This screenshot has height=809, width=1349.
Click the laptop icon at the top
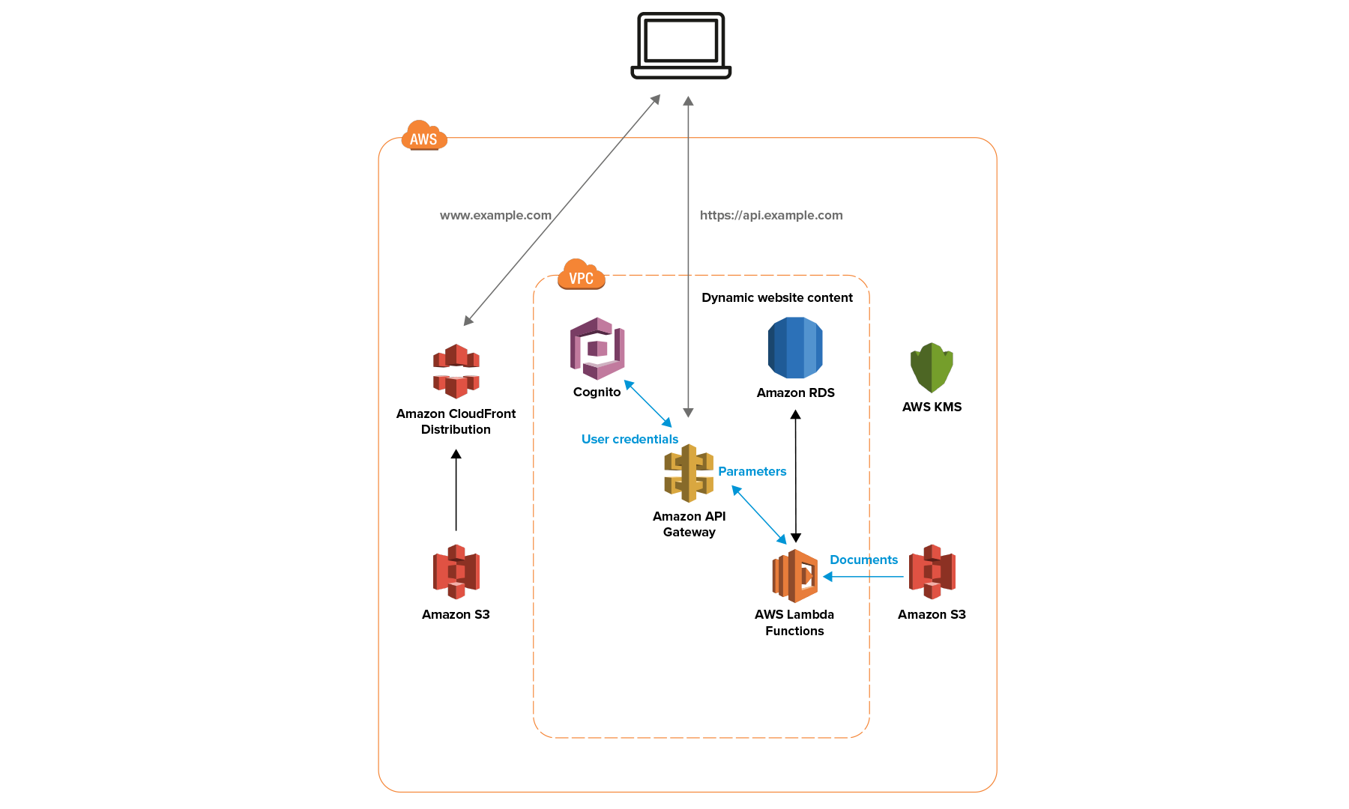680,46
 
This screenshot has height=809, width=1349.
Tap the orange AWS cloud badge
424,137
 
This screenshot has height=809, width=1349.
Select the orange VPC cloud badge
581,276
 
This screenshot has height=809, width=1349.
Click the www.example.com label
495,216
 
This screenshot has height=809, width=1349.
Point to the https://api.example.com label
770,216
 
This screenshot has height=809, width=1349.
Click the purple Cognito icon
597,348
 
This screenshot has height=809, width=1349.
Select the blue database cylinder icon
794,348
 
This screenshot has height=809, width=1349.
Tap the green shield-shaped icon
932,368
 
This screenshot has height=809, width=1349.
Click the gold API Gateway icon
688,473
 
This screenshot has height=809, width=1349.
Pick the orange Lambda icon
795,576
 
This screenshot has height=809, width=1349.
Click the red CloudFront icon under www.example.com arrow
456,372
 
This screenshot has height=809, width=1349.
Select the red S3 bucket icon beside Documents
932,572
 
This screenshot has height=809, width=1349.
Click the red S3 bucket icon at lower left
456,572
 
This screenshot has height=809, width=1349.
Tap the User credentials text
630,439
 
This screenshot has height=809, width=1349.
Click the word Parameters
752,471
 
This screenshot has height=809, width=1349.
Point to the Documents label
863,560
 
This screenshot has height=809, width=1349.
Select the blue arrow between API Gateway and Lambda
759,515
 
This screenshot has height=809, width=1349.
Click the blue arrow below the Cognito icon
648,404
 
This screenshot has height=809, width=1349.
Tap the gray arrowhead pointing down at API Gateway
688,413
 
